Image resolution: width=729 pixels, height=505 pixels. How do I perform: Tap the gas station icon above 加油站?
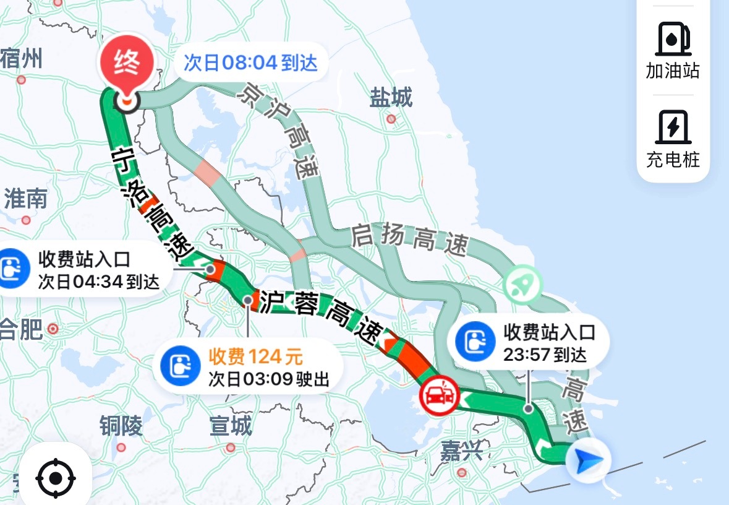point(673,38)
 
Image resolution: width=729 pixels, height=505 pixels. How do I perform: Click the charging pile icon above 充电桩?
point(673,126)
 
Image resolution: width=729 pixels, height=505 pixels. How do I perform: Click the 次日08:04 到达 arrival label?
point(250,63)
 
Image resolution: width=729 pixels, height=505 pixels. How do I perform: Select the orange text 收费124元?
point(255,356)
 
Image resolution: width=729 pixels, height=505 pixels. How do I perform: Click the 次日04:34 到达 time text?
point(99,282)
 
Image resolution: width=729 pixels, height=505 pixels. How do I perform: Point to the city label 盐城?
point(391,98)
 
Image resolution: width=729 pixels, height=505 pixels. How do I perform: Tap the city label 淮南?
point(25,199)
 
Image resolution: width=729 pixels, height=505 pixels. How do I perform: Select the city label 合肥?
point(21,329)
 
